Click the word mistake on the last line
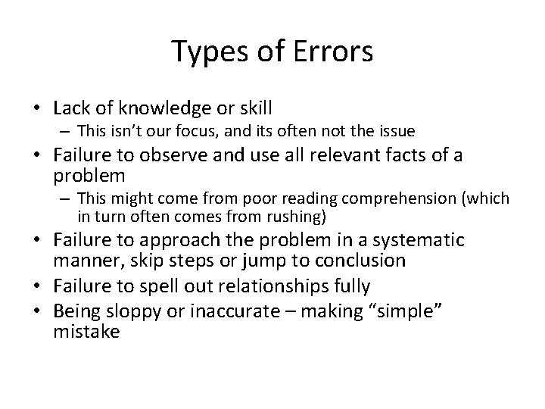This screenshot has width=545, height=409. click(86, 330)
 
